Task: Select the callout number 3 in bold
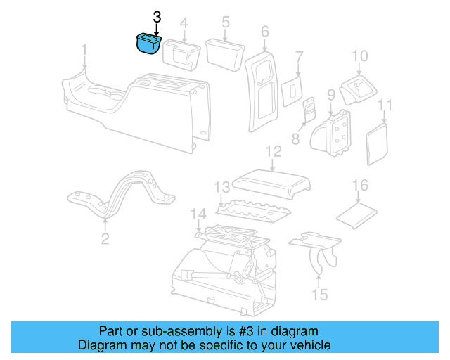[156, 17]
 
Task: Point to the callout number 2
[105, 240]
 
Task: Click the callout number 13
[222, 188]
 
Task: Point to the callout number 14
[199, 214]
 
